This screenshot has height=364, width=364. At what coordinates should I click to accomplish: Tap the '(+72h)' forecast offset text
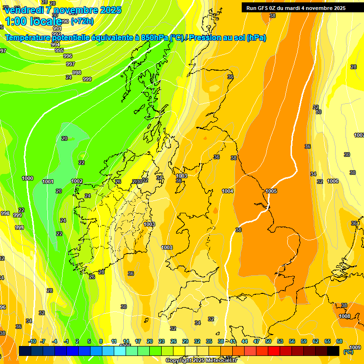[x=82, y=21]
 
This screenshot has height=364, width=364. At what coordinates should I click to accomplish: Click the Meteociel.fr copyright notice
[x=201, y=361]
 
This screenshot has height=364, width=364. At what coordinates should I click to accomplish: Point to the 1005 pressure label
[x=271, y=191]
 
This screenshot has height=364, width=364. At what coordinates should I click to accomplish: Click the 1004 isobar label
[x=227, y=191]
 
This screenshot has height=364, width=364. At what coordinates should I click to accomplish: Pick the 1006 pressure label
[x=333, y=182]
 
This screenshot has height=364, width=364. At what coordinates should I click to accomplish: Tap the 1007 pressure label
[x=359, y=136]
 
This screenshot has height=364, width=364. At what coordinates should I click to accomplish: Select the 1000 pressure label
[x=27, y=178]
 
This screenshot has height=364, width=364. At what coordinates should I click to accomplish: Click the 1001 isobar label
[x=48, y=182]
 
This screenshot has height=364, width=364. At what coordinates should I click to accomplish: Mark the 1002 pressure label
[x=77, y=181]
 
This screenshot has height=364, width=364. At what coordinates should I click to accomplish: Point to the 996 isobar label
[x=67, y=56]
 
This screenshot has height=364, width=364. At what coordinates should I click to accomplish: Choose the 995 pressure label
[x=59, y=50]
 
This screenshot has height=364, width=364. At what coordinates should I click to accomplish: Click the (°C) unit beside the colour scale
[x=348, y=351]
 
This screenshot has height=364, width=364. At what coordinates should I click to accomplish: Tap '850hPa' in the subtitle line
[x=155, y=38]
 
